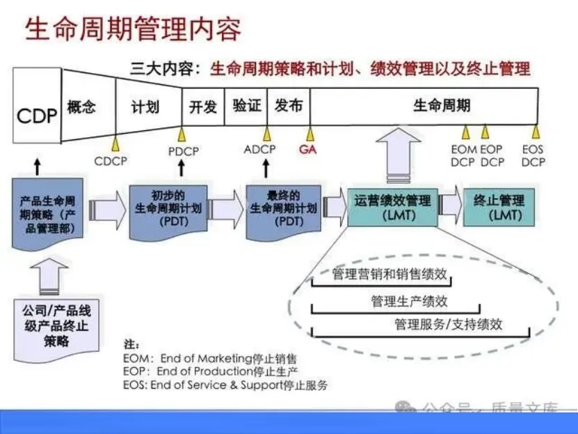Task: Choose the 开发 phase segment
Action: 203,107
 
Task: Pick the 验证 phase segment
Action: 246,106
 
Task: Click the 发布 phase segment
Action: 289,106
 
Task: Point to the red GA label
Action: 308,149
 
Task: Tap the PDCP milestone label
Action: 183,150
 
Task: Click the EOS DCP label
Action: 533,155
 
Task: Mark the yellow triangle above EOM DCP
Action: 465,132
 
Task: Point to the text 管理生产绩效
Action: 399,301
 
